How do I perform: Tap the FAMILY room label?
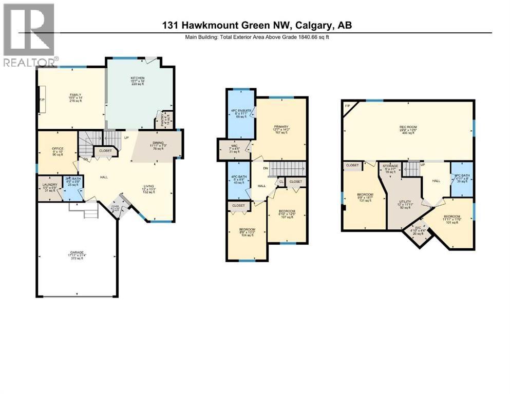point(76,95)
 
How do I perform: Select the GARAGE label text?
point(77,252)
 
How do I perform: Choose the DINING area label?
point(158,143)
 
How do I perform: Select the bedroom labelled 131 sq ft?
point(364,194)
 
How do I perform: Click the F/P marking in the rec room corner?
point(347,106)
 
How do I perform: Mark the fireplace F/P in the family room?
point(41,100)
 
